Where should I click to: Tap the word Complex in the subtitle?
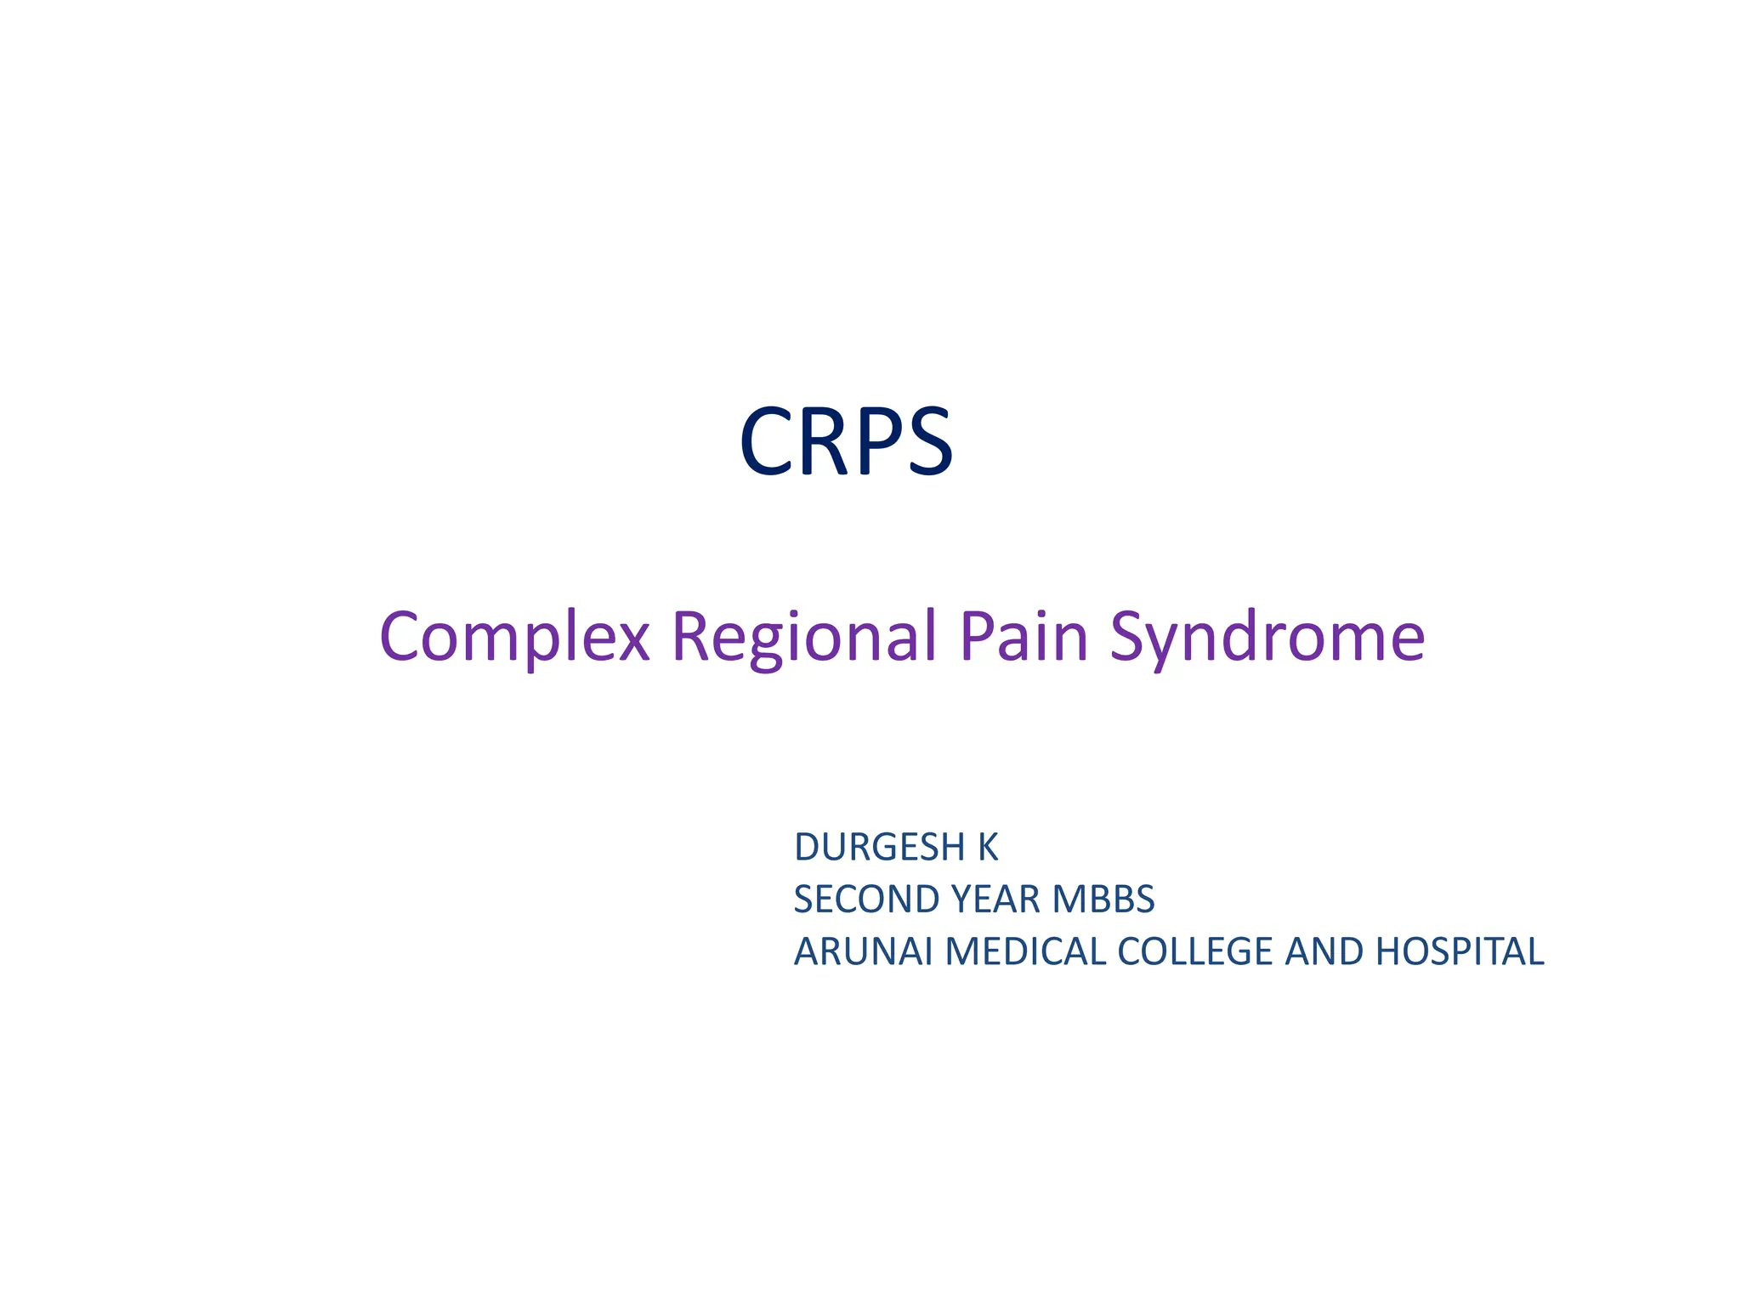click(514, 638)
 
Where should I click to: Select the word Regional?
click(803, 638)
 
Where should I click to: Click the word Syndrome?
click(1267, 638)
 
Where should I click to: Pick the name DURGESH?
click(879, 848)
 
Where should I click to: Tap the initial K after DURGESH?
click(987, 848)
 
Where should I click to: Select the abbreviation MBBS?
click(1103, 900)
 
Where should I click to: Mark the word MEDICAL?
click(1025, 951)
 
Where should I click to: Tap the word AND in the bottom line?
click(1324, 951)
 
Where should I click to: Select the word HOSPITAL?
click(1459, 951)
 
